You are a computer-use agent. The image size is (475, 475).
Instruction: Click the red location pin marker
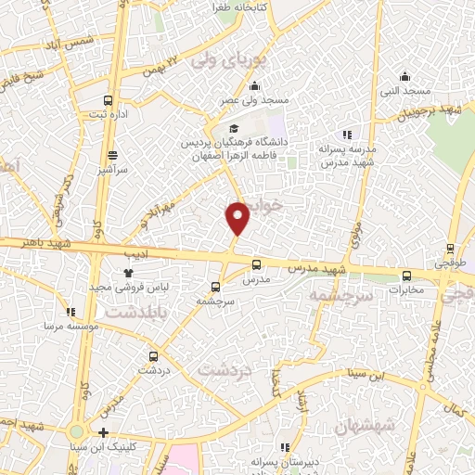[x=238, y=218]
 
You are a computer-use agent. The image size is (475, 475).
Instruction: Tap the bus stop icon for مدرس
[x=256, y=263]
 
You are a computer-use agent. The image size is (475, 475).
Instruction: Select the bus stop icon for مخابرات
[x=406, y=275]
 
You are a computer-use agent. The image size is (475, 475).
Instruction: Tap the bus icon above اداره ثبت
[x=109, y=100]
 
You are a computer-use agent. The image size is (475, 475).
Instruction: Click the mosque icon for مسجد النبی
[x=404, y=77]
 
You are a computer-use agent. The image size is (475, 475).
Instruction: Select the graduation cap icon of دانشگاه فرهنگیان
[x=234, y=128]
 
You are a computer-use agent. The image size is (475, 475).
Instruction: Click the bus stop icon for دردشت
[x=153, y=355]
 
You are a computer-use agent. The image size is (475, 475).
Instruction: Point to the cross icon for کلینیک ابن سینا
[x=103, y=433]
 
